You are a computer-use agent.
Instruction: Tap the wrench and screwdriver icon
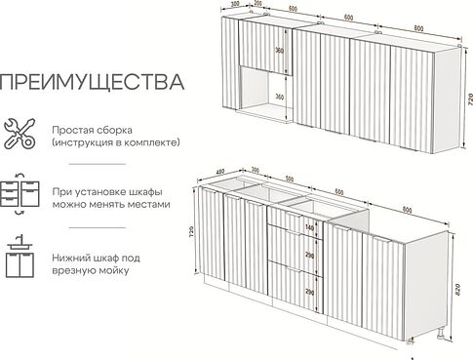click(x=19, y=134)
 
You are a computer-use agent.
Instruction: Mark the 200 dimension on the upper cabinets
click(x=256, y=5)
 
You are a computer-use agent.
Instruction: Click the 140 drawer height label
click(x=310, y=227)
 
